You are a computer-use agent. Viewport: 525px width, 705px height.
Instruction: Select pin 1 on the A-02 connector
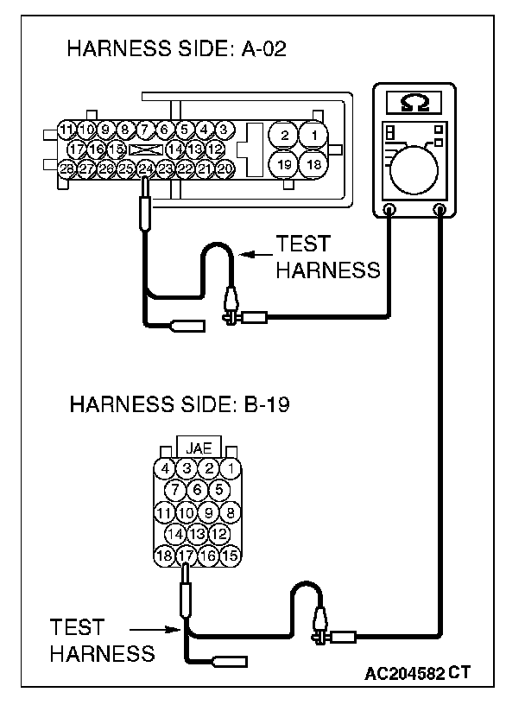317,135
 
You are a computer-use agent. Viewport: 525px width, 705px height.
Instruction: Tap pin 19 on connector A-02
281,164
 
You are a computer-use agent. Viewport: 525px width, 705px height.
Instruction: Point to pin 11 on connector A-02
67,130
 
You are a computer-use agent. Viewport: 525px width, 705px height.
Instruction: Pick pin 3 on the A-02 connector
224,130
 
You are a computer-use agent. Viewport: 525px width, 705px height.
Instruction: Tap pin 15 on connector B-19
229,556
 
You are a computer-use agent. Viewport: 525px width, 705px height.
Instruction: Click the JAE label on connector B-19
198,448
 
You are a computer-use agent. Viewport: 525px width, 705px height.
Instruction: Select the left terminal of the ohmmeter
389,209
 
